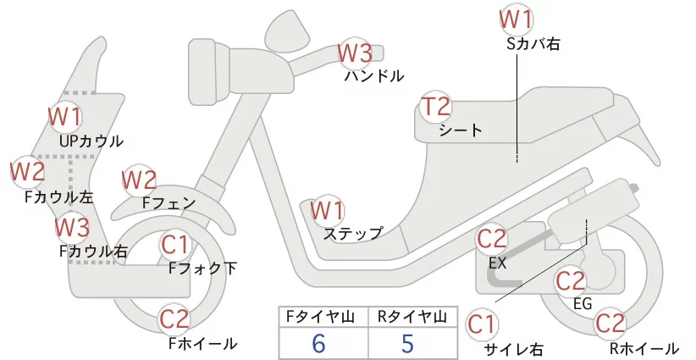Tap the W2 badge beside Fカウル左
(28, 173)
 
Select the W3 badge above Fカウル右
(72, 227)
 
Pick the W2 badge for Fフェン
(140, 180)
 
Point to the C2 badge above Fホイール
(176, 319)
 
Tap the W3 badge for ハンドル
(355, 53)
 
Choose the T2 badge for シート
(437, 108)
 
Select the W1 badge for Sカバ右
(516, 18)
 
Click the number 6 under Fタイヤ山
(318, 343)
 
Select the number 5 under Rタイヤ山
(408, 343)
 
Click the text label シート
(461, 130)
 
